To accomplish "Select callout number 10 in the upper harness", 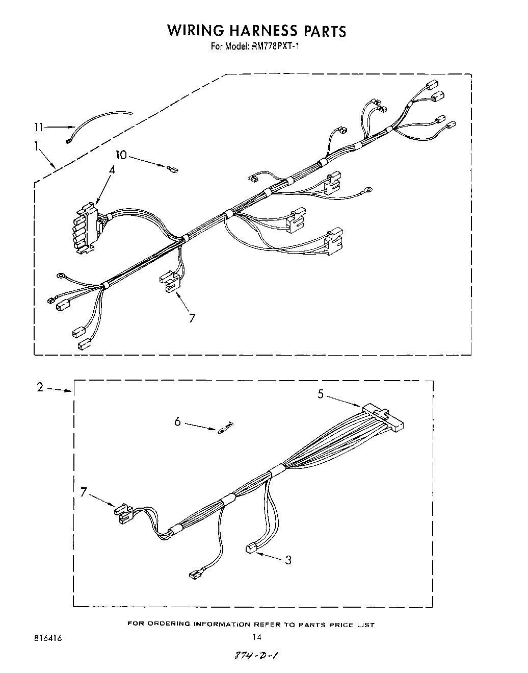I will [120, 155].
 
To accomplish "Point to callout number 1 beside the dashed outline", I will [37, 147].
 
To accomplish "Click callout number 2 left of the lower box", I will [40, 387].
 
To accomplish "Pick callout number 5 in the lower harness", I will [321, 394].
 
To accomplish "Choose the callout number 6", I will [177, 422].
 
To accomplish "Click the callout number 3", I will [288, 560].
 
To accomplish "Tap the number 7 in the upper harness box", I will [192, 318].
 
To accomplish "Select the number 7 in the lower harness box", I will [84, 492].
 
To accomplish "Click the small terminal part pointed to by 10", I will [172, 167].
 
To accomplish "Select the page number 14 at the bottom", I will [257, 637].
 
